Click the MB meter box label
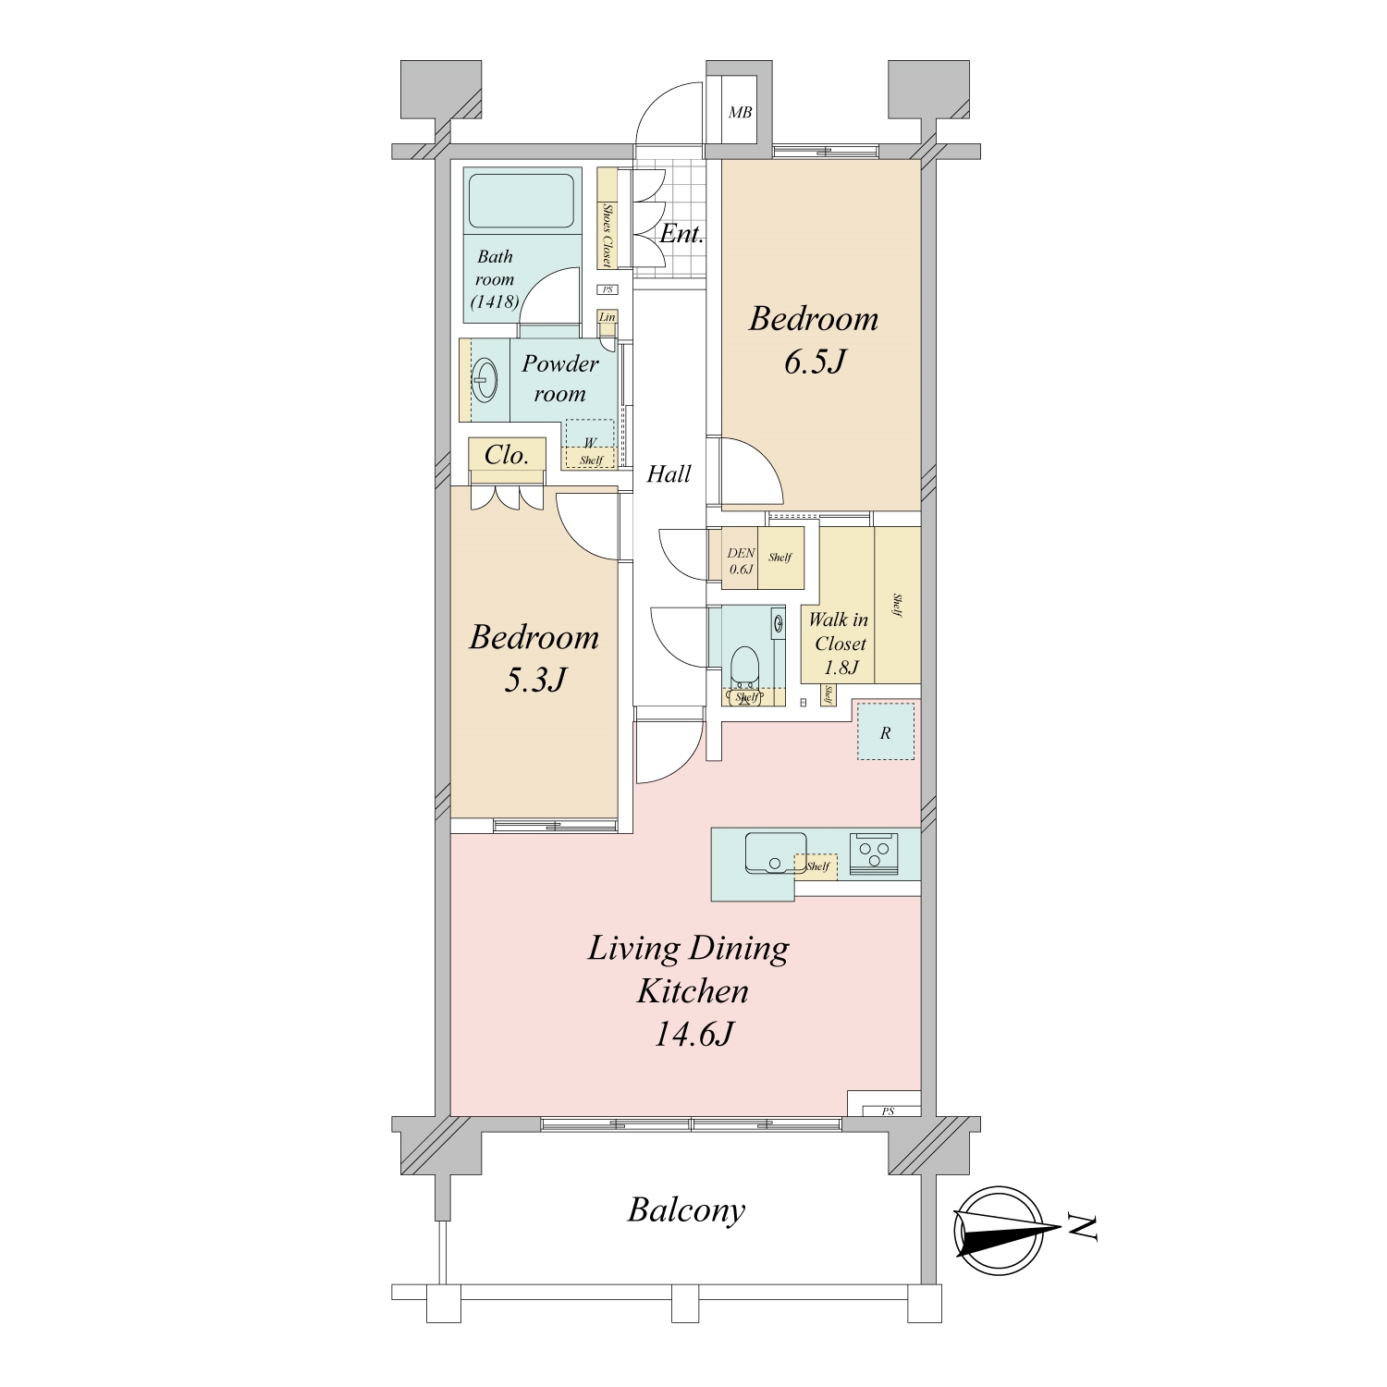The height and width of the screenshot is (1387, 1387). coord(740,113)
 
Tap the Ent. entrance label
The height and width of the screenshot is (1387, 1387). coord(681,234)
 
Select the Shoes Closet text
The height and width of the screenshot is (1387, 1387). coord(608,235)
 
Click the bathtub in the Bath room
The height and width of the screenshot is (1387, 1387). coord(522,200)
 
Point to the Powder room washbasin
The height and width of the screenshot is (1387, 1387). coord(485,379)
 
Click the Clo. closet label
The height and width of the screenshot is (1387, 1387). coord(507,455)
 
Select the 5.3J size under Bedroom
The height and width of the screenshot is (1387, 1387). coord(534,681)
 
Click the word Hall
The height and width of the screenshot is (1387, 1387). coord(669,474)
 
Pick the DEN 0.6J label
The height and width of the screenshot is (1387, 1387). coord(742,561)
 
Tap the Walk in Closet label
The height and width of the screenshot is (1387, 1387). coord(839,632)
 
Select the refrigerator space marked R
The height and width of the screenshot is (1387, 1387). coord(886,731)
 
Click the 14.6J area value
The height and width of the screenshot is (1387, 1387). coord(693,1034)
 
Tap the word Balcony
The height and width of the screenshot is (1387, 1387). coord(686,1210)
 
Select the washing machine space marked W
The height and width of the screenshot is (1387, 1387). coord(590,443)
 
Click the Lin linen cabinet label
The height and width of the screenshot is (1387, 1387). coord(608,317)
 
